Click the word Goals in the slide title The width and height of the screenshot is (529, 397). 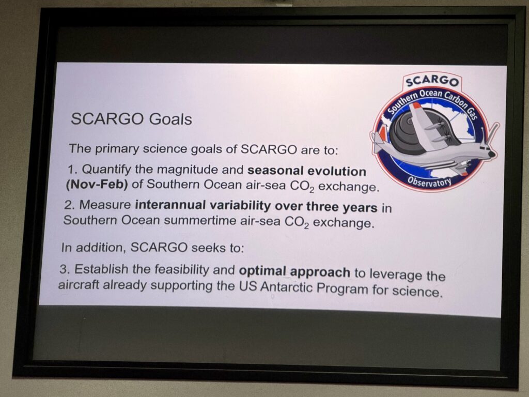point(170,119)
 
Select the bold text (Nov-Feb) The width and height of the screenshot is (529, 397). point(97,185)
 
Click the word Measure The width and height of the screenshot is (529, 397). point(105,205)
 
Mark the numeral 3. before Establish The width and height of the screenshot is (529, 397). point(65,269)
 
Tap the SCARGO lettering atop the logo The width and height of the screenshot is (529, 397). point(432,81)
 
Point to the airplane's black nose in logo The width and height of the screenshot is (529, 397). point(492,154)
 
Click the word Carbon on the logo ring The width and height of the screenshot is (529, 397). point(455,100)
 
